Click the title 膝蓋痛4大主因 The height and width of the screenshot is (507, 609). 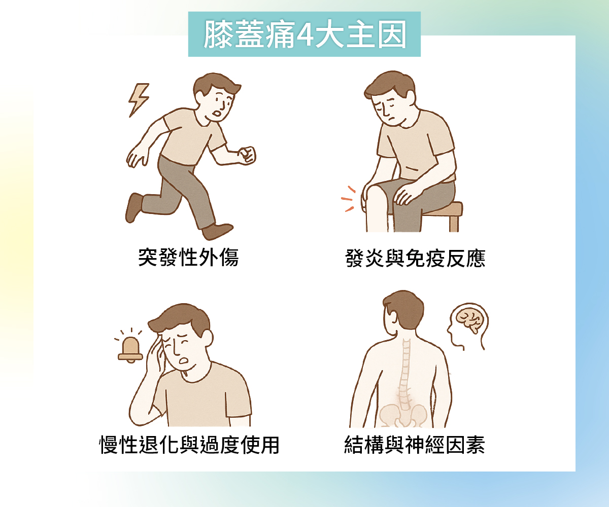coord(304,34)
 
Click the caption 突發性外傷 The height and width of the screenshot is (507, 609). coord(188,257)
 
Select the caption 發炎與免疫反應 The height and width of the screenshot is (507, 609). coord(415,258)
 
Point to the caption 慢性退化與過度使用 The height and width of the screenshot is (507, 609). coord(189,445)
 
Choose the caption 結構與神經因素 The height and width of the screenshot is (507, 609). coord(415,445)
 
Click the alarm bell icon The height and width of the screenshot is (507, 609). coord(130,349)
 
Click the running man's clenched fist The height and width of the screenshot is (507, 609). coord(247,156)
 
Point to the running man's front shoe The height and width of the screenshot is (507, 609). coord(217,231)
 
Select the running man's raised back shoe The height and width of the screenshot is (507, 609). coord(134,207)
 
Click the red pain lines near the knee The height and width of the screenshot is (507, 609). coord(348,199)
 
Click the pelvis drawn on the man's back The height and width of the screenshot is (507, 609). coord(403,416)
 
